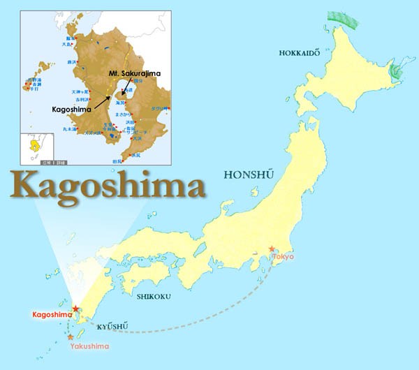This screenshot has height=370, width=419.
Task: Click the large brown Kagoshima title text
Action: click(109, 186)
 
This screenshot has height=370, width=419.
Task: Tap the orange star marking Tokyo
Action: click(272, 249)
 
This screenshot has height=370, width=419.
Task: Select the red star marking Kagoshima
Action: click(75, 309)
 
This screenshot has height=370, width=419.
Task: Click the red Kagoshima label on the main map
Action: click(52, 316)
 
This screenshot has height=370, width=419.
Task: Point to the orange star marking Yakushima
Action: click(71, 337)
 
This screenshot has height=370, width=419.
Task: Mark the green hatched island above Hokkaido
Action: click(345, 27)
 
